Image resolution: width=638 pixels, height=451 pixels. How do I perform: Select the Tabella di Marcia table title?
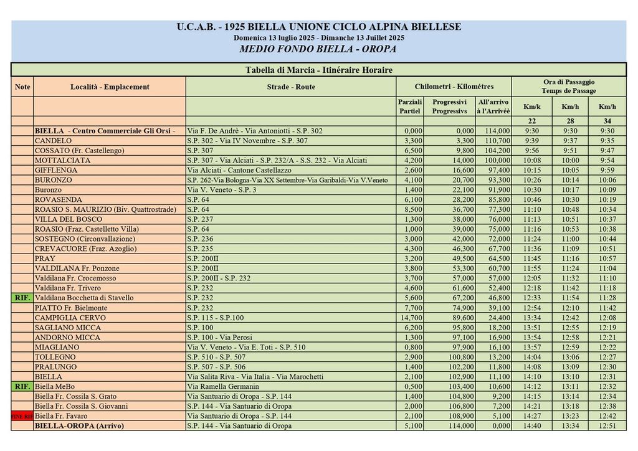pos(318,70)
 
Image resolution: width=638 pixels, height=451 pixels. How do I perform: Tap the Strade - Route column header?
pos(291,87)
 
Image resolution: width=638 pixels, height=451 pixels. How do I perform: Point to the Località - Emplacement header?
pos(110,87)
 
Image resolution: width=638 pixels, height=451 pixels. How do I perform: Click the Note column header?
pos(22,87)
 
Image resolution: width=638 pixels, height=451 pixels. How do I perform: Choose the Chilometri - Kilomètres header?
pos(454,87)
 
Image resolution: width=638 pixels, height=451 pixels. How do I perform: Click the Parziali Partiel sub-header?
pos(410,107)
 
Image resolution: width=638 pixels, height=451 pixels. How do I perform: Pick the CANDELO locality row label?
pos(53,141)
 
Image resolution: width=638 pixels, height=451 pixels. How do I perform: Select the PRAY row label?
pos(45,259)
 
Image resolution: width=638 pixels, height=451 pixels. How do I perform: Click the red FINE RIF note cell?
pos(22,416)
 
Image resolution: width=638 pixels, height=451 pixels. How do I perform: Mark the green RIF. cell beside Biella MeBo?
pos(22,386)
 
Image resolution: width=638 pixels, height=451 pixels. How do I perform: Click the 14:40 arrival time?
pos(531,426)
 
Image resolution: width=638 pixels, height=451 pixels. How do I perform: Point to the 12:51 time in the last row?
pos(607,426)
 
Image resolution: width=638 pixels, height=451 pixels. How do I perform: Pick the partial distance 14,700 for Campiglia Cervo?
pos(411,318)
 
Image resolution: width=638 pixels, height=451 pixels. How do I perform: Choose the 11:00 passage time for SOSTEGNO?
pos(569,239)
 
